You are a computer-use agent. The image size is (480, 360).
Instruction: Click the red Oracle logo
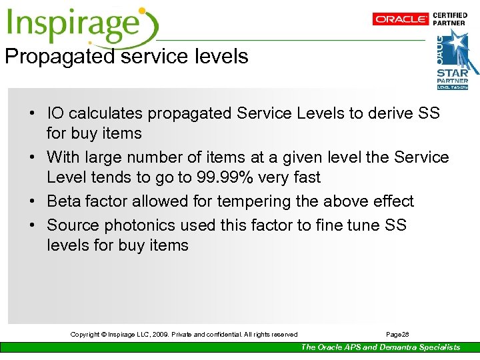tap(401, 19)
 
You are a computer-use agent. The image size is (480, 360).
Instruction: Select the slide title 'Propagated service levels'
tap(127, 57)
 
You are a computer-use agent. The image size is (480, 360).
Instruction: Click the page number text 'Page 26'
tap(398, 335)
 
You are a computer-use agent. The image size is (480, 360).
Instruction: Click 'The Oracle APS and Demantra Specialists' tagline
tap(380, 347)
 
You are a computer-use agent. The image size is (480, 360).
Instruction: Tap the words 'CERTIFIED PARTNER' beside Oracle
tap(450, 19)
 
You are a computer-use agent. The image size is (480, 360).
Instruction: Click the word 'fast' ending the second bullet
tap(306, 178)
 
